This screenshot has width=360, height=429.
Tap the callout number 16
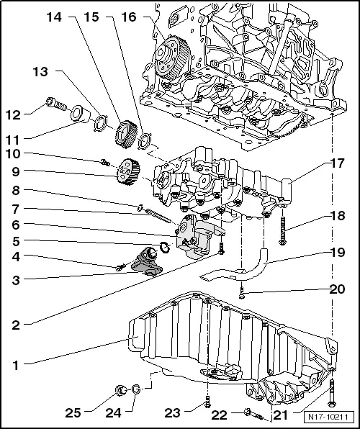(129, 16)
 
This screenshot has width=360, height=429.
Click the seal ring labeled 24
(134, 392)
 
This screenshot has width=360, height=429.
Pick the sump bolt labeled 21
(330, 392)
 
